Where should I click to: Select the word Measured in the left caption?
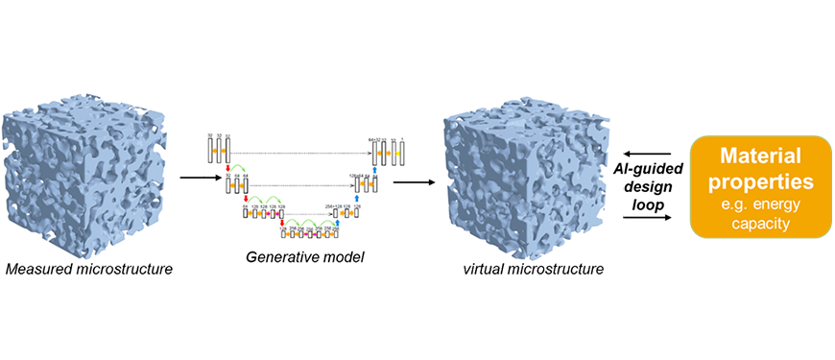pos(38,268)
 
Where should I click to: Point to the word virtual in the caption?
pos(484,268)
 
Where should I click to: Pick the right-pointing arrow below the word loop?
pos(644,218)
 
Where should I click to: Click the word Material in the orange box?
pos(760,156)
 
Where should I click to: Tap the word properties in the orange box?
pos(760,180)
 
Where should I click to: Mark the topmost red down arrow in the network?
pos(227,169)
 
